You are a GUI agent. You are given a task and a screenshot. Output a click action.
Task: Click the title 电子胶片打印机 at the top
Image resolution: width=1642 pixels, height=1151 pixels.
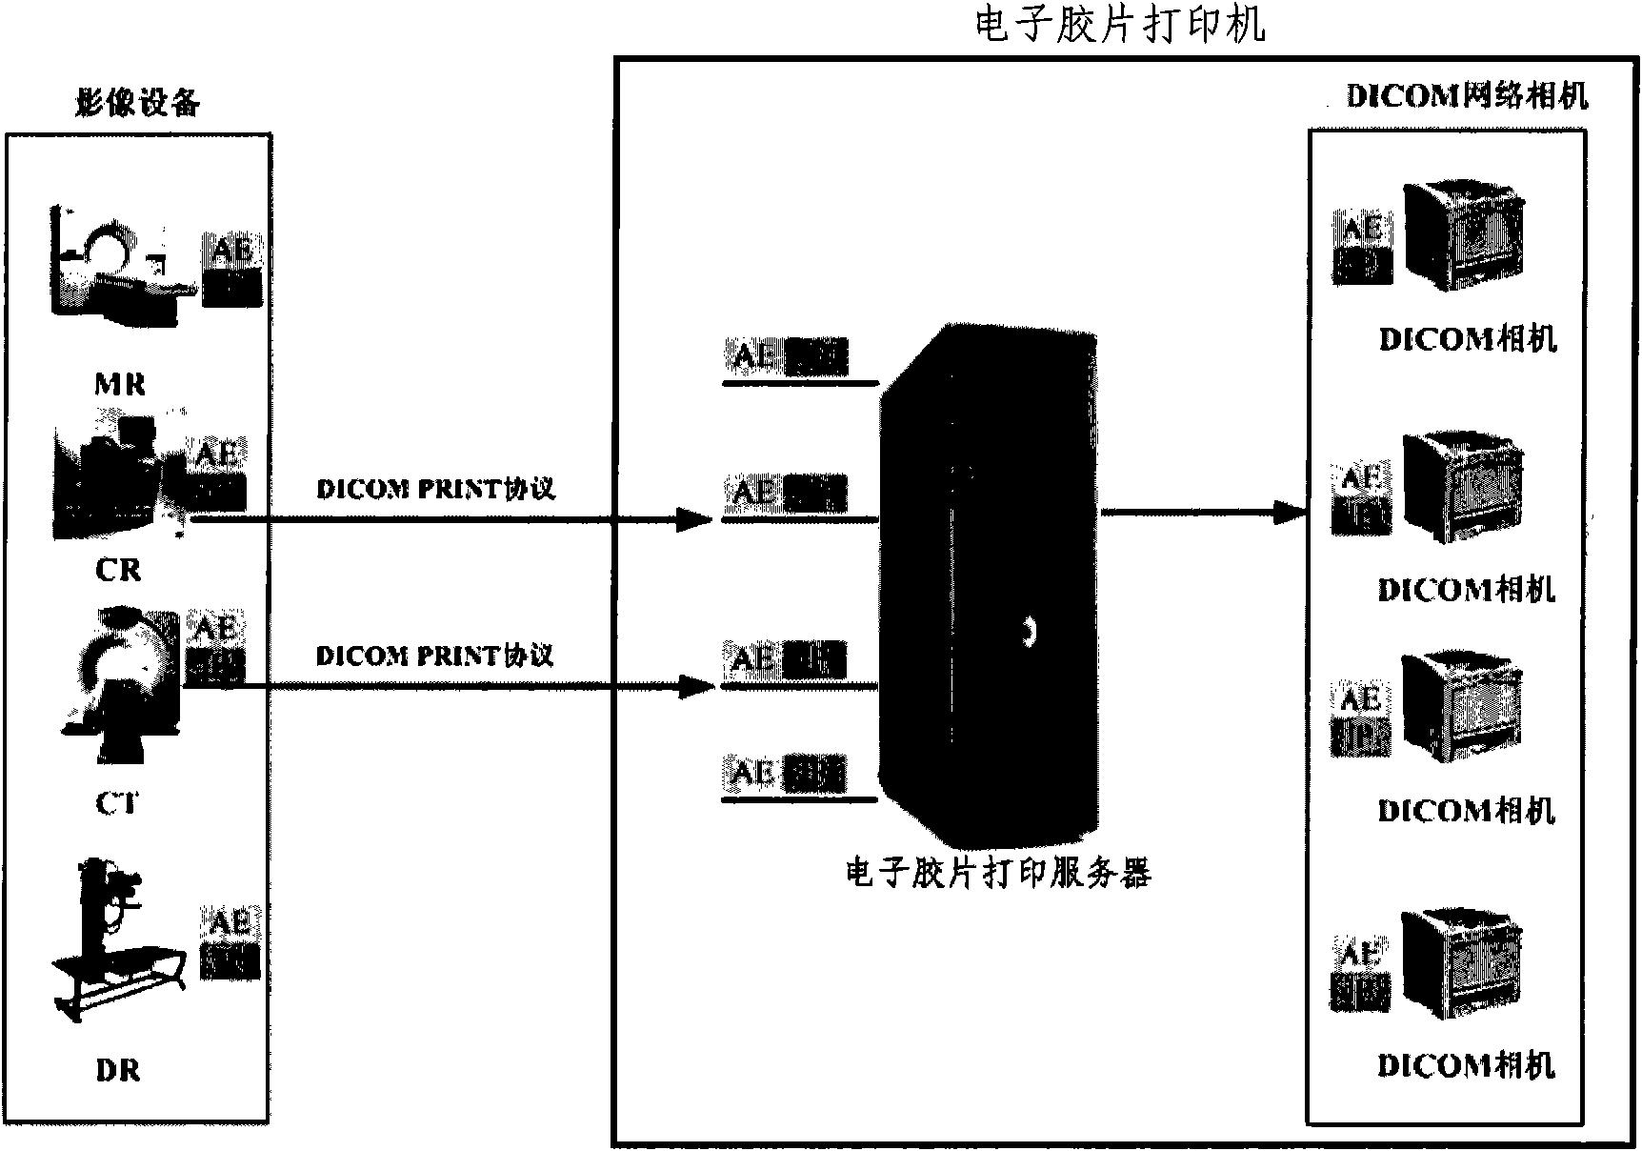click(1120, 25)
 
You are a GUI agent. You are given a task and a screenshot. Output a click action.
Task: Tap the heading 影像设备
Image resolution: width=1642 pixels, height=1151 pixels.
click(138, 103)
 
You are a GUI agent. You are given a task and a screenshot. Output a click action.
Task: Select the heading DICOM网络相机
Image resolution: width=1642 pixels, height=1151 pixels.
click(1467, 96)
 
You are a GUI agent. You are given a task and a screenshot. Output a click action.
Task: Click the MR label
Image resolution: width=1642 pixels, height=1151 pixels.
click(120, 384)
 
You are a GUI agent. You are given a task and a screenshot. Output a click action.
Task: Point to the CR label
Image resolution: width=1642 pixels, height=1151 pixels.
click(118, 570)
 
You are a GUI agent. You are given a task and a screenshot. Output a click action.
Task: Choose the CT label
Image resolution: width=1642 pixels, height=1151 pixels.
click(116, 803)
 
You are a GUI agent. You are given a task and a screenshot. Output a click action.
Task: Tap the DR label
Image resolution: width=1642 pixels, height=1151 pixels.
click(118, 1071)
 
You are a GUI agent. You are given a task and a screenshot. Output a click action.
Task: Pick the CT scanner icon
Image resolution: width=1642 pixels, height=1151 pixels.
click(119, 682)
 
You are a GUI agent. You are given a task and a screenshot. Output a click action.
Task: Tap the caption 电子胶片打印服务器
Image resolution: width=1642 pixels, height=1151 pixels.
click(997, 873)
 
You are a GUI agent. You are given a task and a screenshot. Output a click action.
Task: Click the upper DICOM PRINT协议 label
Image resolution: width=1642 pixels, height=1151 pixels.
click(435, 489)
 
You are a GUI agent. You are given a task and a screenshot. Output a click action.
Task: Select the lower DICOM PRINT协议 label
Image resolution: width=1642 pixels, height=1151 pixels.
click(434, 656)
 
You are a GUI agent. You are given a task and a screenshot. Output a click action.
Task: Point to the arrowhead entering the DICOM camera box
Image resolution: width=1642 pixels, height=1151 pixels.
click(1291, 514)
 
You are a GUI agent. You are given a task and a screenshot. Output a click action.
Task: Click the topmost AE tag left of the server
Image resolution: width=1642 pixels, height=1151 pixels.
click(787, 357)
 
